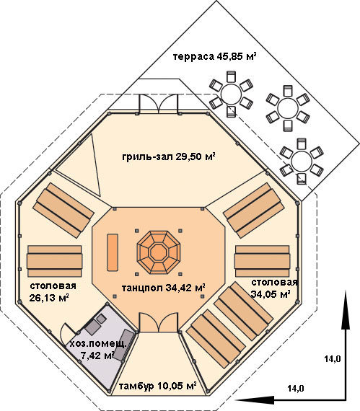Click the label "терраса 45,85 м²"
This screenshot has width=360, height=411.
tap(214, 56)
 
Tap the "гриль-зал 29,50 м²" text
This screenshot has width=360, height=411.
tap(169, 156)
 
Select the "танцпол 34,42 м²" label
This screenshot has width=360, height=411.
tap(163, 288)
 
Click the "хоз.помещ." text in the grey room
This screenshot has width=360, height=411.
tap(98, 344)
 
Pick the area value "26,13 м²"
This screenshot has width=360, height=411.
tap(49, 298)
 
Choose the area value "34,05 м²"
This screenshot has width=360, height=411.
tap(271, 294)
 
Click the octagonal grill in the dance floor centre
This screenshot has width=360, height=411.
tap(159, 252)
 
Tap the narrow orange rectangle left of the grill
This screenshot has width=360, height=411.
tap(113, 252)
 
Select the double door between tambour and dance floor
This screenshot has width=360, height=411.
tap(159, 322)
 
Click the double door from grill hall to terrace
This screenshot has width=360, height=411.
tap(159, 104)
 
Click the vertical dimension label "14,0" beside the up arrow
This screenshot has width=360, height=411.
tap(333, 358)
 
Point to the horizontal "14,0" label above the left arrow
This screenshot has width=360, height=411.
tap(296, 388)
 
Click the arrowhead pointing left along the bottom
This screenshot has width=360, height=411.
tap(255, 400)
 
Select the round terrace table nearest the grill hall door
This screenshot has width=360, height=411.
tap(232, 94)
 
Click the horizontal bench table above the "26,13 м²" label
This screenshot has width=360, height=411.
tap(55, 261)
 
